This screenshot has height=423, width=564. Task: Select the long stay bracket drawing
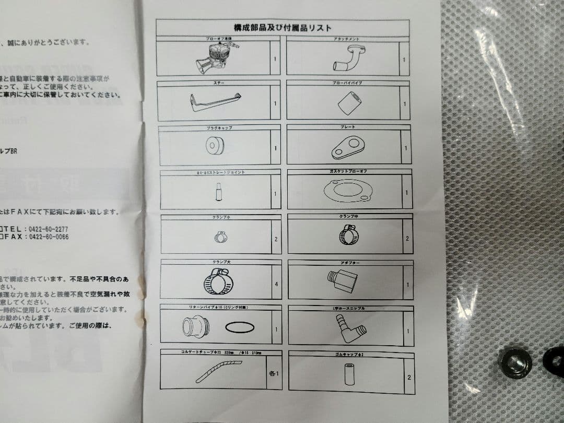(215, 101)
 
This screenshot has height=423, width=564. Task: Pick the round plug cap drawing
(215, 146)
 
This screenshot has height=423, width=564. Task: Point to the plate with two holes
(347, 148)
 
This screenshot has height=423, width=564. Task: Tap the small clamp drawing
(220, 237)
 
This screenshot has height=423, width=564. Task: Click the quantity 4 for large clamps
(275, 284)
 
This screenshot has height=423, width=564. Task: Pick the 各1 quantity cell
(274, 373)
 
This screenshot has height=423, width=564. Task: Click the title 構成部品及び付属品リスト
(283, 28)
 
